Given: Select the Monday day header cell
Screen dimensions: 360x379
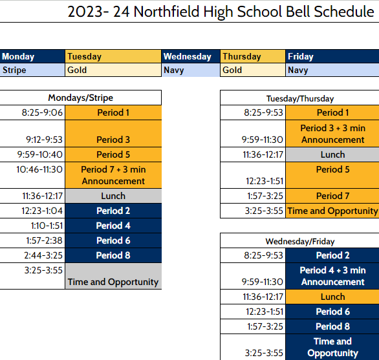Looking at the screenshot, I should pyautogui.click(x=32, y=56).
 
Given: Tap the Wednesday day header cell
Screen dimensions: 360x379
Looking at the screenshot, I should pyautogui.click(x=191, y=56).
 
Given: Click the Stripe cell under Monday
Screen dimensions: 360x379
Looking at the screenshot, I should pyautogui.click(x=32, y=70).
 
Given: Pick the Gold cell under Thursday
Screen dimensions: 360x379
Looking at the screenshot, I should pyautogui.click(x=253, y=70).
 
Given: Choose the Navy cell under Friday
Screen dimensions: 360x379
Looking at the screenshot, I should pyautogui.click(x=332, y=70).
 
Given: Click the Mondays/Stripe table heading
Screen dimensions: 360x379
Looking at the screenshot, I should pyautogui.click(x=81, y=98).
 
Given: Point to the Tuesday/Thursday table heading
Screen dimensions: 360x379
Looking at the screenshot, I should pyautogui.click(x=300, y=98).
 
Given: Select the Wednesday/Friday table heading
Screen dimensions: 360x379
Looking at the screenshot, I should pyautogui.click(x=300, y=241).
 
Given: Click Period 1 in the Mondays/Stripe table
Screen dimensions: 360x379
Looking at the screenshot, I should pyautogui.click(x=113, y=112).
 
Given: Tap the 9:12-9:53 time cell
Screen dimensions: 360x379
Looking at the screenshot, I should pyautogui.click(x=32, y=139).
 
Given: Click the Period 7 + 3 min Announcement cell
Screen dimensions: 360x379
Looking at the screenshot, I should pyautogui.click(x=113, y=175).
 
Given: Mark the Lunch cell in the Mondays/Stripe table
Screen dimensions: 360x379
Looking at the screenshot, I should pyautogui.click(x=113, y=196).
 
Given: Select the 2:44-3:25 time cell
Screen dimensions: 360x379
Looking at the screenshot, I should pyautogui.click(x=32, y=255).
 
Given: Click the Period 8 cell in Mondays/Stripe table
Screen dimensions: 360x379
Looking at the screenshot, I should pyautogui.click(x=113, y=255).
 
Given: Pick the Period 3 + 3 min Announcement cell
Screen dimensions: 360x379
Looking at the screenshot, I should pyautogui.click(x=332, y=134).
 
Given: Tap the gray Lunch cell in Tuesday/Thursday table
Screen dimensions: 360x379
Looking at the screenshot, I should pyautogui.click(x=332, y=154).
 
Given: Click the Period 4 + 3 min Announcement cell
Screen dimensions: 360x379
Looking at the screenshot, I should pyautogui.click(x=332, y=276).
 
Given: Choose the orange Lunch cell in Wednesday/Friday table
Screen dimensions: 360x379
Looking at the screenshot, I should pyautogui.click(x=332, y=297).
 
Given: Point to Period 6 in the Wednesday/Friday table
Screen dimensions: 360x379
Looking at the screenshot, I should pyautogui.click(x=332, y=312).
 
